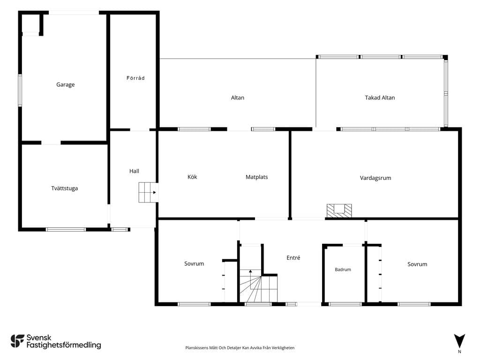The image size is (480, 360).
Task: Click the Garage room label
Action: (65, 84)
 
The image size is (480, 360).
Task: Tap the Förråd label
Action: (135, 78)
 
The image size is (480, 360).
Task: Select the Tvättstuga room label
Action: (64, 188)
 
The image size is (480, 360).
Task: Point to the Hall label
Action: (134, 171)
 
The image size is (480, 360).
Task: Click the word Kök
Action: (192, 177)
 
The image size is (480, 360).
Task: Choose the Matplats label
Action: (256, 177)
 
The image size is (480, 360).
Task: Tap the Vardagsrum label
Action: (375, 178)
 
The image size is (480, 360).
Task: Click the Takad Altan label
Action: (380, 97)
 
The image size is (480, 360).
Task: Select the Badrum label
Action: (343, 270)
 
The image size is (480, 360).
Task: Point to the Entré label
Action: (293, 258)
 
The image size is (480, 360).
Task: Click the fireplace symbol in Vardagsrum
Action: (339, 210)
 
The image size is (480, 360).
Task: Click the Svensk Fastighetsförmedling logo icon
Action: (17, 341)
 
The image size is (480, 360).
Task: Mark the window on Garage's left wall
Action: (20, 90)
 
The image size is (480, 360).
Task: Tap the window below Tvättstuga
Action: (66, 229)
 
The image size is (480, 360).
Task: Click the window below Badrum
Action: (345, 304)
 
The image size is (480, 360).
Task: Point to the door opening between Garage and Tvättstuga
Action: (51, 142)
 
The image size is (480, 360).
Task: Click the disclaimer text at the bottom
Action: (240, 348)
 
